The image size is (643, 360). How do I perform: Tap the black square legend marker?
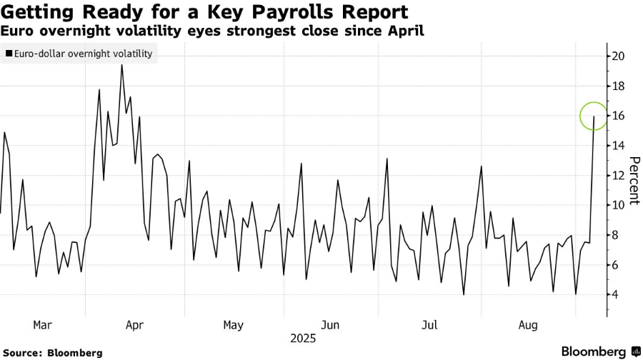pyautogui.click(x=8, y=54)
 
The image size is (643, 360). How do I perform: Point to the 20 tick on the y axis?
pyautogui.click(x=616, y=56)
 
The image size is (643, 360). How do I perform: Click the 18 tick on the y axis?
pyautogui.click(x=616, y=86)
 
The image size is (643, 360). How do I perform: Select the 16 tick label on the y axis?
pyautogui.click(x=616, y=116)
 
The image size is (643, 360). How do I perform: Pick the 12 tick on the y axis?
pyautogui.click(x=616, y=176)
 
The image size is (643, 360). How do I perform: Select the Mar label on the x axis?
pyautogui.click(x=42, y=325)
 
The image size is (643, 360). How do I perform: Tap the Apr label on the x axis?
pyautogui.click(x=134, y=325)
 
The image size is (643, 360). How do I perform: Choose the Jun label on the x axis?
pyautogui.click(x=330, y=325)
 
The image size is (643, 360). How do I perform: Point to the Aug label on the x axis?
pyautogui.click(x=527, y=325)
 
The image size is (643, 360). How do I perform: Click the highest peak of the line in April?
pyautogui.click(x=121, y=65)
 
